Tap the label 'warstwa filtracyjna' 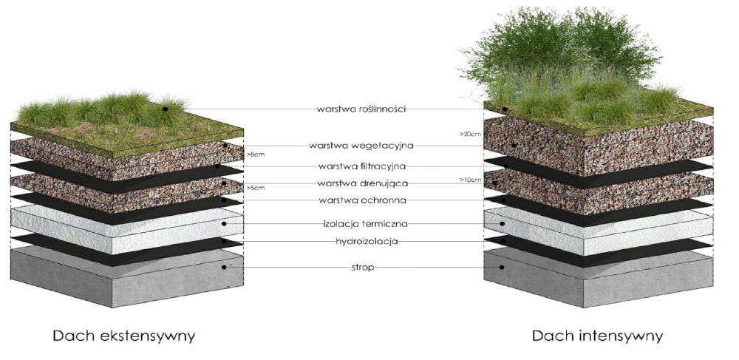361,166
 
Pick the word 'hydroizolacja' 361,241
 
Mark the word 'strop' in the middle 361,267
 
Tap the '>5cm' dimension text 254,189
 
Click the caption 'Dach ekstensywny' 124,336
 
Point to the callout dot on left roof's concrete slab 224,268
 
